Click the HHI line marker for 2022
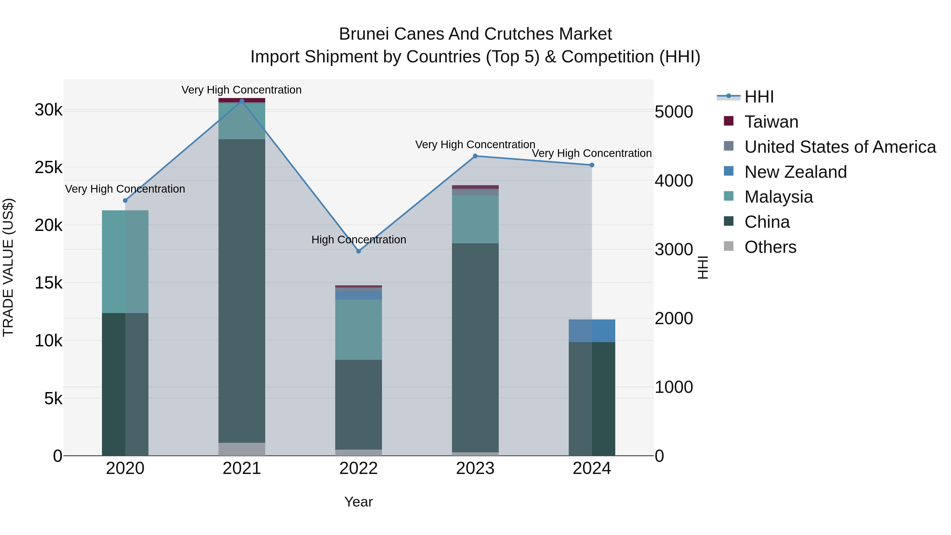[358, 251]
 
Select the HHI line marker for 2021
[242, 101]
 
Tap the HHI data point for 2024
[592, 165]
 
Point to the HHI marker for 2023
[475, 156]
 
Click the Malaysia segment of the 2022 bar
[358, 329]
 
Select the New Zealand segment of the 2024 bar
[592, 331]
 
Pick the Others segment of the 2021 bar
[242, 449]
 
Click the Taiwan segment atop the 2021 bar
[242, 100]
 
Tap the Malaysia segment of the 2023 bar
[475, 219]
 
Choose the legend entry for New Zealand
[796, 172]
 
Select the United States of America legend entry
[840, 147]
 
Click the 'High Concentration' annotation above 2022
[358, 240]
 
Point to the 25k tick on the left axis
[48, 168]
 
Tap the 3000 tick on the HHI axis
[674, 250]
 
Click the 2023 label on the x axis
[475, 468]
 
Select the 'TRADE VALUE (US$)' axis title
[8, 267]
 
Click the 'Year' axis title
[358, 502]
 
